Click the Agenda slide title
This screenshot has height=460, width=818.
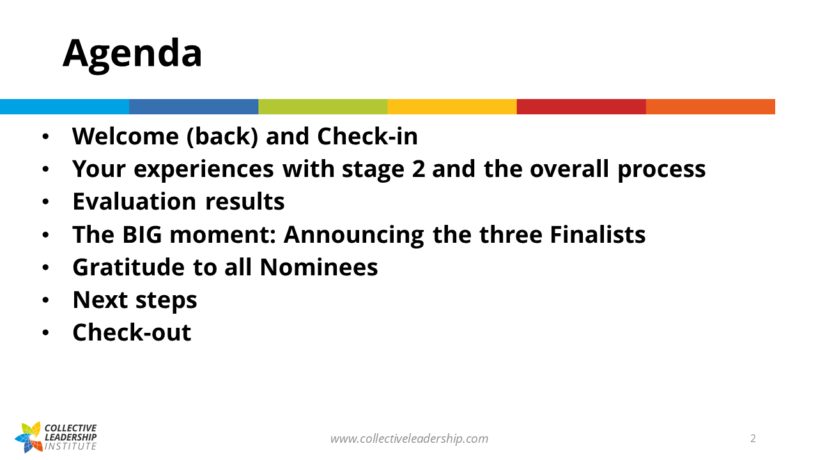pos(132,54)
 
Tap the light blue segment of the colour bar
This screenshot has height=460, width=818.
pos(65,107)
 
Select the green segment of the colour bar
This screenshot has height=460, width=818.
pos(323,107)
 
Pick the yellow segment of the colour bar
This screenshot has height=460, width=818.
pos(452,107)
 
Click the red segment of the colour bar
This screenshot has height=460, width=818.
pos(582,107)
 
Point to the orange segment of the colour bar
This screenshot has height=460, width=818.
pos(711,107)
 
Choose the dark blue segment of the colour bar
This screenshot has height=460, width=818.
pos(194,107)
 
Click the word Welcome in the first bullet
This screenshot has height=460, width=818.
pos(126,136)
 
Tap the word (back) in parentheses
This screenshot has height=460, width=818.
pos(222,137)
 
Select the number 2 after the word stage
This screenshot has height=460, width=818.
pos(419,169)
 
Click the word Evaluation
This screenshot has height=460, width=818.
pos(134,201)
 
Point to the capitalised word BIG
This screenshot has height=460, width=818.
pos(142,234)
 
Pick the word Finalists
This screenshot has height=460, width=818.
pos(598,234)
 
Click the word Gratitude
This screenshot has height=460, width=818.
pos(128,267)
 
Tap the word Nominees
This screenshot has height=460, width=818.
pos(319,267)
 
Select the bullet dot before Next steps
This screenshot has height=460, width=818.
pos(45,300)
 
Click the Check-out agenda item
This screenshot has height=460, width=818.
pos(132,332)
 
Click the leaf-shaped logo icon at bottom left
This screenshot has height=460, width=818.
pos(29,437)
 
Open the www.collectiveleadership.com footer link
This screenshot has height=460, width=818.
pos(409,438)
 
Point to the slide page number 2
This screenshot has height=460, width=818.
pos(753,438)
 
